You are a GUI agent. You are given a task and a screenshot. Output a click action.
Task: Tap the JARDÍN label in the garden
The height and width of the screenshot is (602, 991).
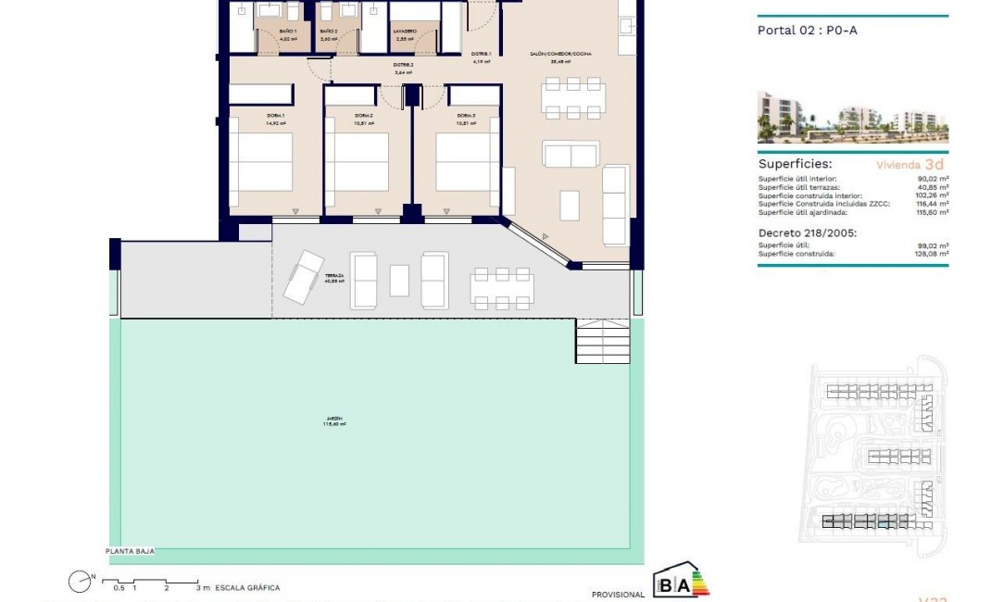coord(332,421)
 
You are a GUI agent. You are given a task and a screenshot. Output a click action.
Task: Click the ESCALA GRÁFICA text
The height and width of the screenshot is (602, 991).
coord(247,587)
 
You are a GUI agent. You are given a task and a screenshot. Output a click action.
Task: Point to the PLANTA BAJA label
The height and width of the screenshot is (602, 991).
coord(129,551)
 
